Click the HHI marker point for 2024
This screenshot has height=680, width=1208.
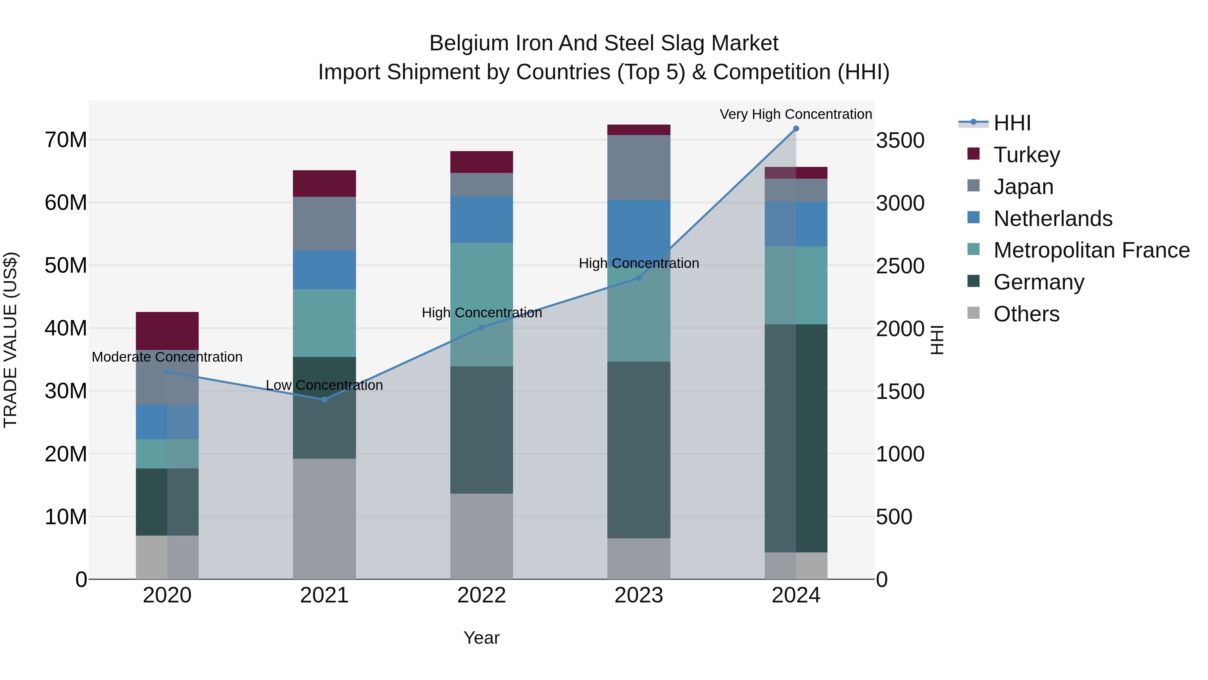pos(796,129)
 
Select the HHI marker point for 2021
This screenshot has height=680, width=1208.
pos(324,399)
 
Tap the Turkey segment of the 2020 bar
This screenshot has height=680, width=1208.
pos(167,330)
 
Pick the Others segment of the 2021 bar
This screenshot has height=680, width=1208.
pos(324,518)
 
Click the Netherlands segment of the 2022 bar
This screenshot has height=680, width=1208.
pos(481,219)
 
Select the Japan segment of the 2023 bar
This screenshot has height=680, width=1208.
pos(638,167)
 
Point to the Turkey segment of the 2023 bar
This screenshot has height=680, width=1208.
pos(638,130)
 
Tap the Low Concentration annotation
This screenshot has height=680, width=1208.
pos(324,385)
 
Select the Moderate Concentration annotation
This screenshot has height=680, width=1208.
pos(167,357)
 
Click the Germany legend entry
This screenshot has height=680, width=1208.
pos(1038,282)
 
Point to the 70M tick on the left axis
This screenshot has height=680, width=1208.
pos(66,140)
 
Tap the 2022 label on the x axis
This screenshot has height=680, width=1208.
pos(481,595)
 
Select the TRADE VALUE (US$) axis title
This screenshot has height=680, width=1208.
pos(10,340)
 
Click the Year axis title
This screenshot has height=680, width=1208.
pos(481,638)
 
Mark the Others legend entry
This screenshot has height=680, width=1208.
pos(1026,314)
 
